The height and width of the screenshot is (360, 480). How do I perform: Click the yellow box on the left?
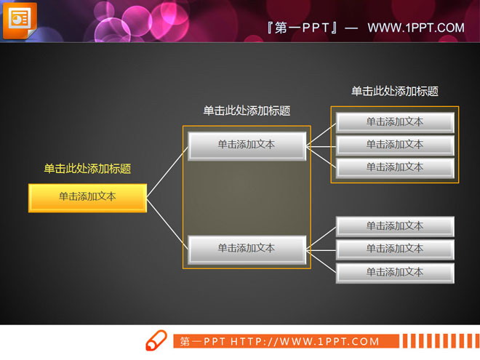click(x=87, y=197)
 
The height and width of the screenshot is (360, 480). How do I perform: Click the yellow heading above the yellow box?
click(x=87, y=169)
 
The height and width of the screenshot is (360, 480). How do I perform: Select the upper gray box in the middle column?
click(x=247, y=145)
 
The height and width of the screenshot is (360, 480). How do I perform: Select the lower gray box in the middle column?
click(x=247, y=249)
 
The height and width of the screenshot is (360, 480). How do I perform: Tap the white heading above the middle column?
click(x=247, y=111)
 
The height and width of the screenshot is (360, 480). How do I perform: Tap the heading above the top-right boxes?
click(x=395, y=91)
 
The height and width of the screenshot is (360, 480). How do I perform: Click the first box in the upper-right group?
click(x=395, y=122)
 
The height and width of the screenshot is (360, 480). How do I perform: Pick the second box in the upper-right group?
click(x=395, y=145)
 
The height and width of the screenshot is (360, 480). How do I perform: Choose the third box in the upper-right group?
click(x=395, y=167)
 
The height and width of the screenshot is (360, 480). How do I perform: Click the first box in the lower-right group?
click(x=395, y=226)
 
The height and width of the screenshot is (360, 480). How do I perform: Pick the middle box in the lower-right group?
click(x=395, y=249)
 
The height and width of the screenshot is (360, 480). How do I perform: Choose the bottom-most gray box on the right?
click(x=395, y=272)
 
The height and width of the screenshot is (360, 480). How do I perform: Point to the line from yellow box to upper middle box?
click(x=167, y=172)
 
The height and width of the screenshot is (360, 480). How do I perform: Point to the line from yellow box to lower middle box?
click(x=167, y=223)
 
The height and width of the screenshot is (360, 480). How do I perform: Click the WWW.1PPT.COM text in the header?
click(x=415, y=28)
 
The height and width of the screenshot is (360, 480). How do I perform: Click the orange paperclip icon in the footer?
click(x=156, y=340)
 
